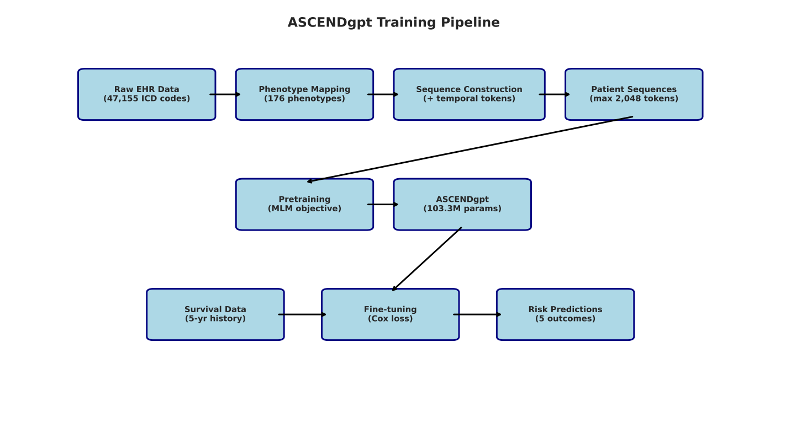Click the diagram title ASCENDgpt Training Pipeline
(393, 23)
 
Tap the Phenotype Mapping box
(304, 94)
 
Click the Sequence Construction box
(469, 94)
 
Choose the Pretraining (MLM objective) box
(304, 204)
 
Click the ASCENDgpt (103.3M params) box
(462, 204)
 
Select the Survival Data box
(215, 314)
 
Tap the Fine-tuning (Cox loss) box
(390, 314)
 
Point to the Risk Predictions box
(565, 314)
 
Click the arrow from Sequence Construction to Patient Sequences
(555, 94)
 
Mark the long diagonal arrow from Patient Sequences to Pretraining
(470, 149)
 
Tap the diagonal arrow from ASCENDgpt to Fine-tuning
(426, 259)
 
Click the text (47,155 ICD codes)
(146, 99)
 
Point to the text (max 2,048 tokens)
(634, 99)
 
